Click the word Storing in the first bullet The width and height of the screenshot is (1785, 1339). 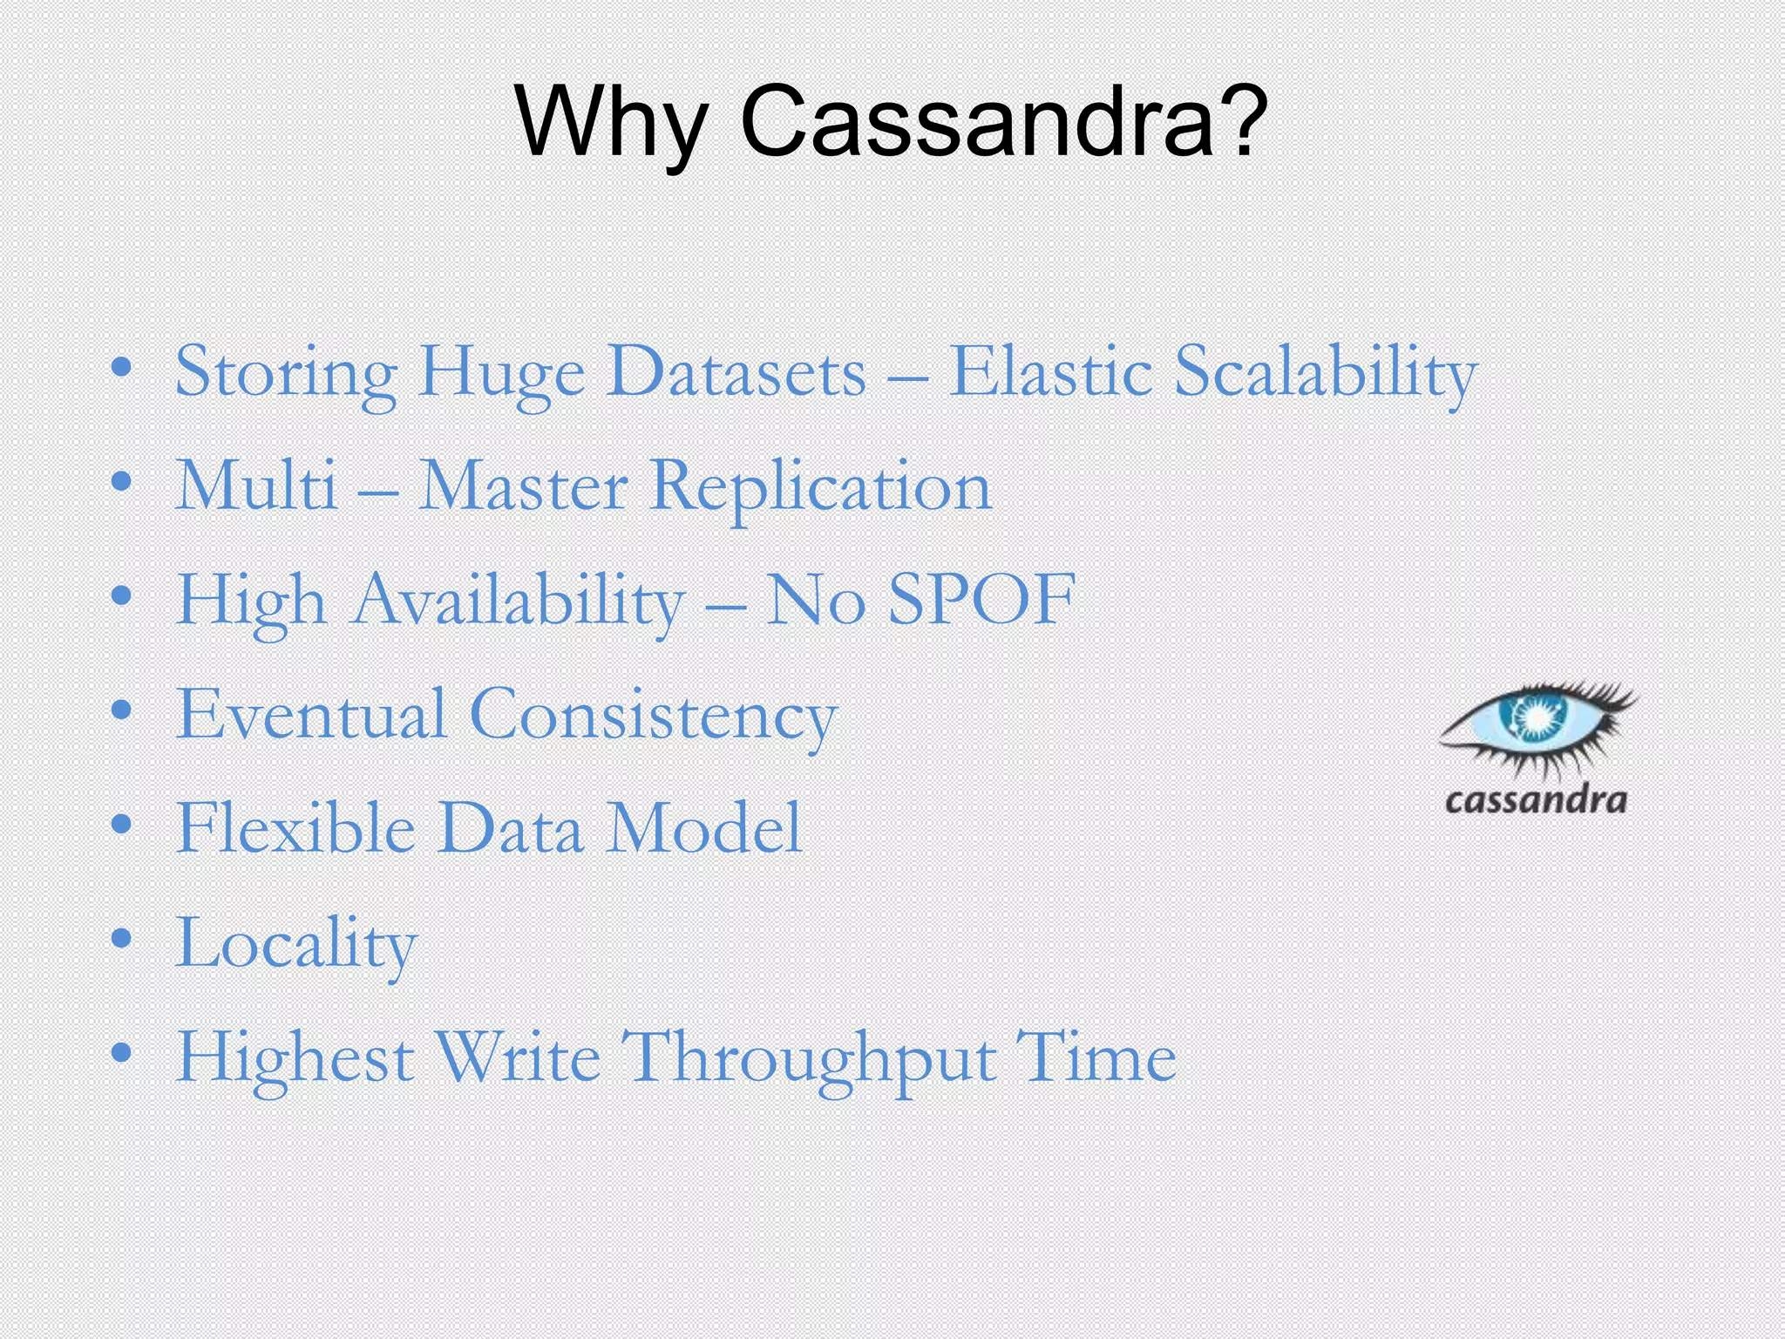[x=286, y=373]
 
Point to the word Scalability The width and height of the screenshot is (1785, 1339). [x=1325, y=373]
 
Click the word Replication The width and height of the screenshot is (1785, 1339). [x=821, y=487]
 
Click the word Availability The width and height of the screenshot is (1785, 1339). [x=518, y=602]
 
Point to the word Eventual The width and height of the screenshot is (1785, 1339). [x=311, y=714]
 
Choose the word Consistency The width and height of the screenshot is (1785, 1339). [x=654, y=716]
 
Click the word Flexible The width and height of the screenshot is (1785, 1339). [x=295, y=828]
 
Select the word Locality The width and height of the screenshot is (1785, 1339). [x=296, y=944]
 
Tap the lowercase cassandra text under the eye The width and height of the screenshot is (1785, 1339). [x=1536, y=799]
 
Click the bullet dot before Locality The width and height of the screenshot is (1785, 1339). [x=121, y=940]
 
